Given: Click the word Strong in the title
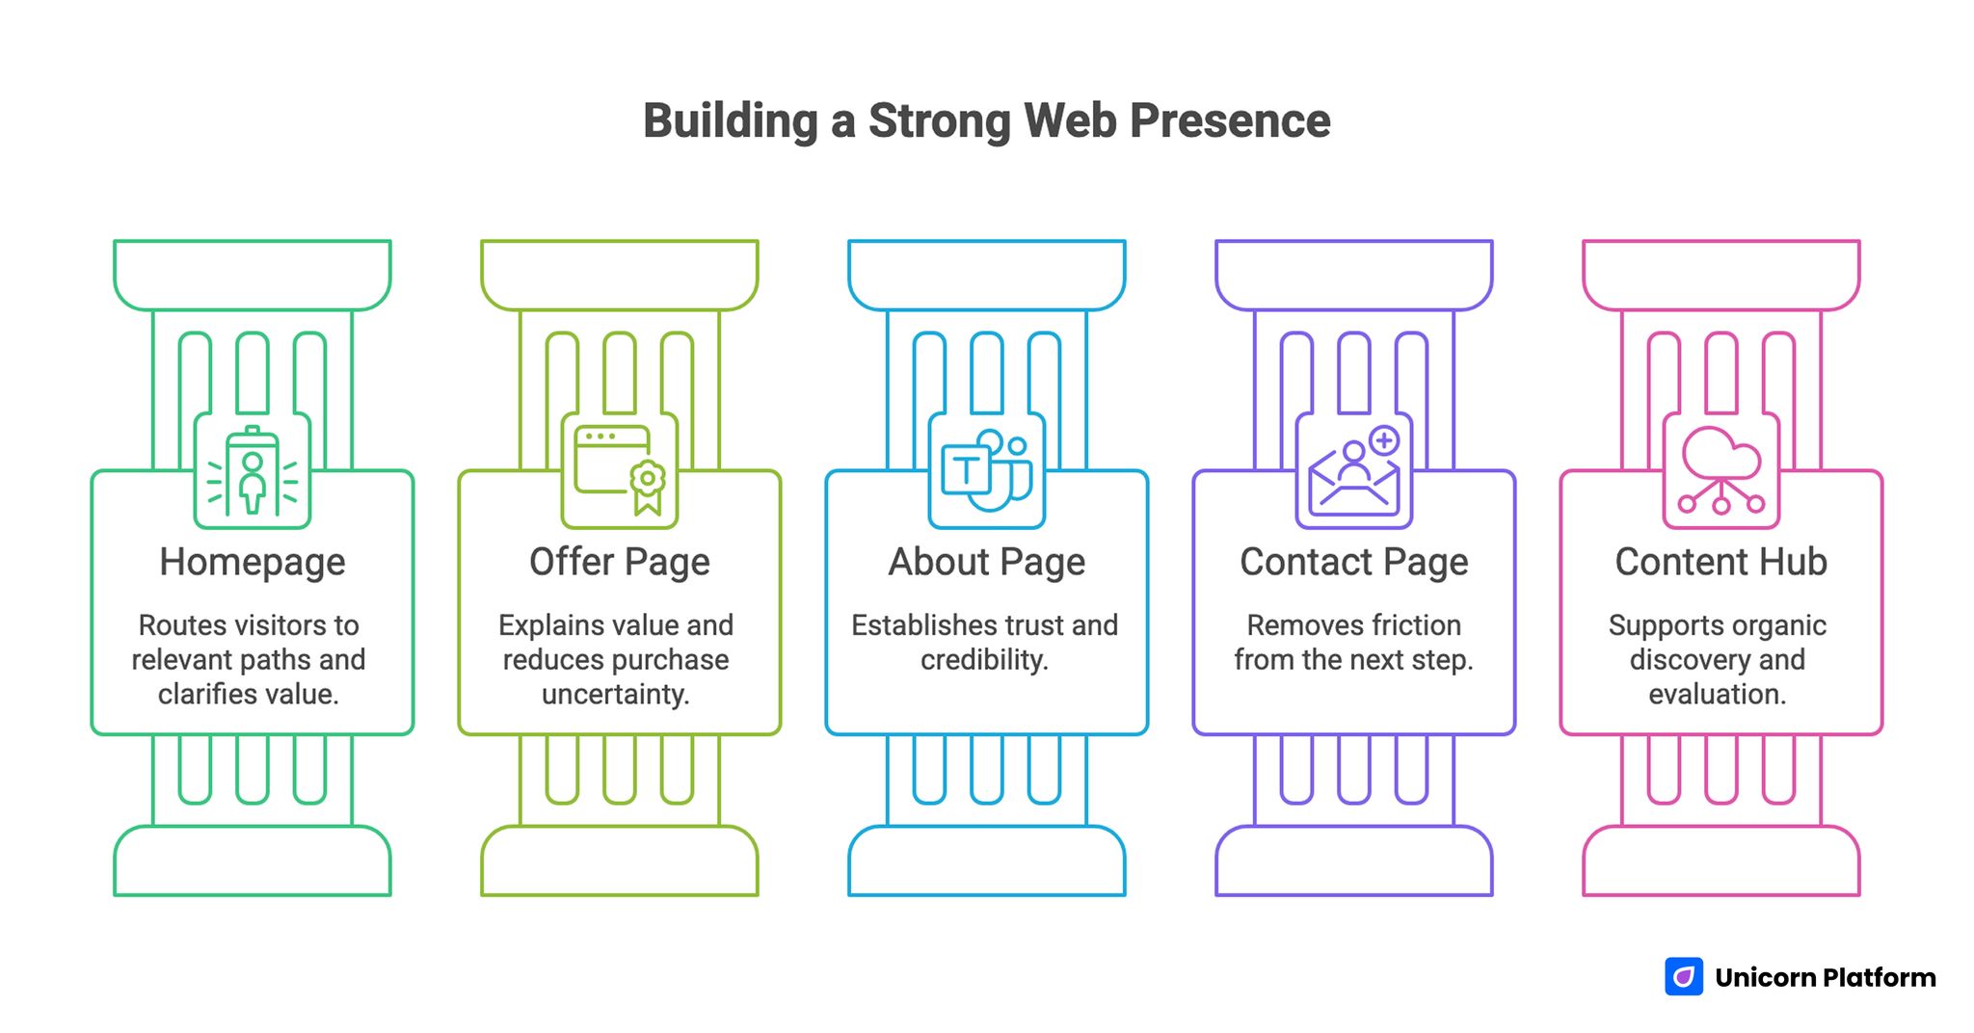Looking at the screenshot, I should click(x=939, y=121).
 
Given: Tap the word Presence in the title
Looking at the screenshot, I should click(x=1230, y=121).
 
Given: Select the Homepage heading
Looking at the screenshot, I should click(x=253, y=562).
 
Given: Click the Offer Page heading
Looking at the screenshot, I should click(x=620, y=562).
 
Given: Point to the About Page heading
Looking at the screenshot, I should click(x=987, y=562).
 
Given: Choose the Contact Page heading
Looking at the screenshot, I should click(x=1354, y=562).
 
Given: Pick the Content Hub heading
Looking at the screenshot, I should click(x=1721, y=562).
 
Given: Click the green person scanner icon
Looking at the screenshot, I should click(x=253, y=472).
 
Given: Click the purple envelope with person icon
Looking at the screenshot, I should click(x=1353, y=477).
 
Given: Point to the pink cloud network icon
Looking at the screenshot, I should click(x=1721, y=470).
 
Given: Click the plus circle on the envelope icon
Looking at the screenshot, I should click(x=1384, y=441).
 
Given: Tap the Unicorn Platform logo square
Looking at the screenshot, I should click(x=1684, y=976).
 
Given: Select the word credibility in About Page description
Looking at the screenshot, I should click(x=984, y=660).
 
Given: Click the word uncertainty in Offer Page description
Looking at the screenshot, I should click(x=616, y=694).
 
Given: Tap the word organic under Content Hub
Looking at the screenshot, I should click(x=1781, y=625).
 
